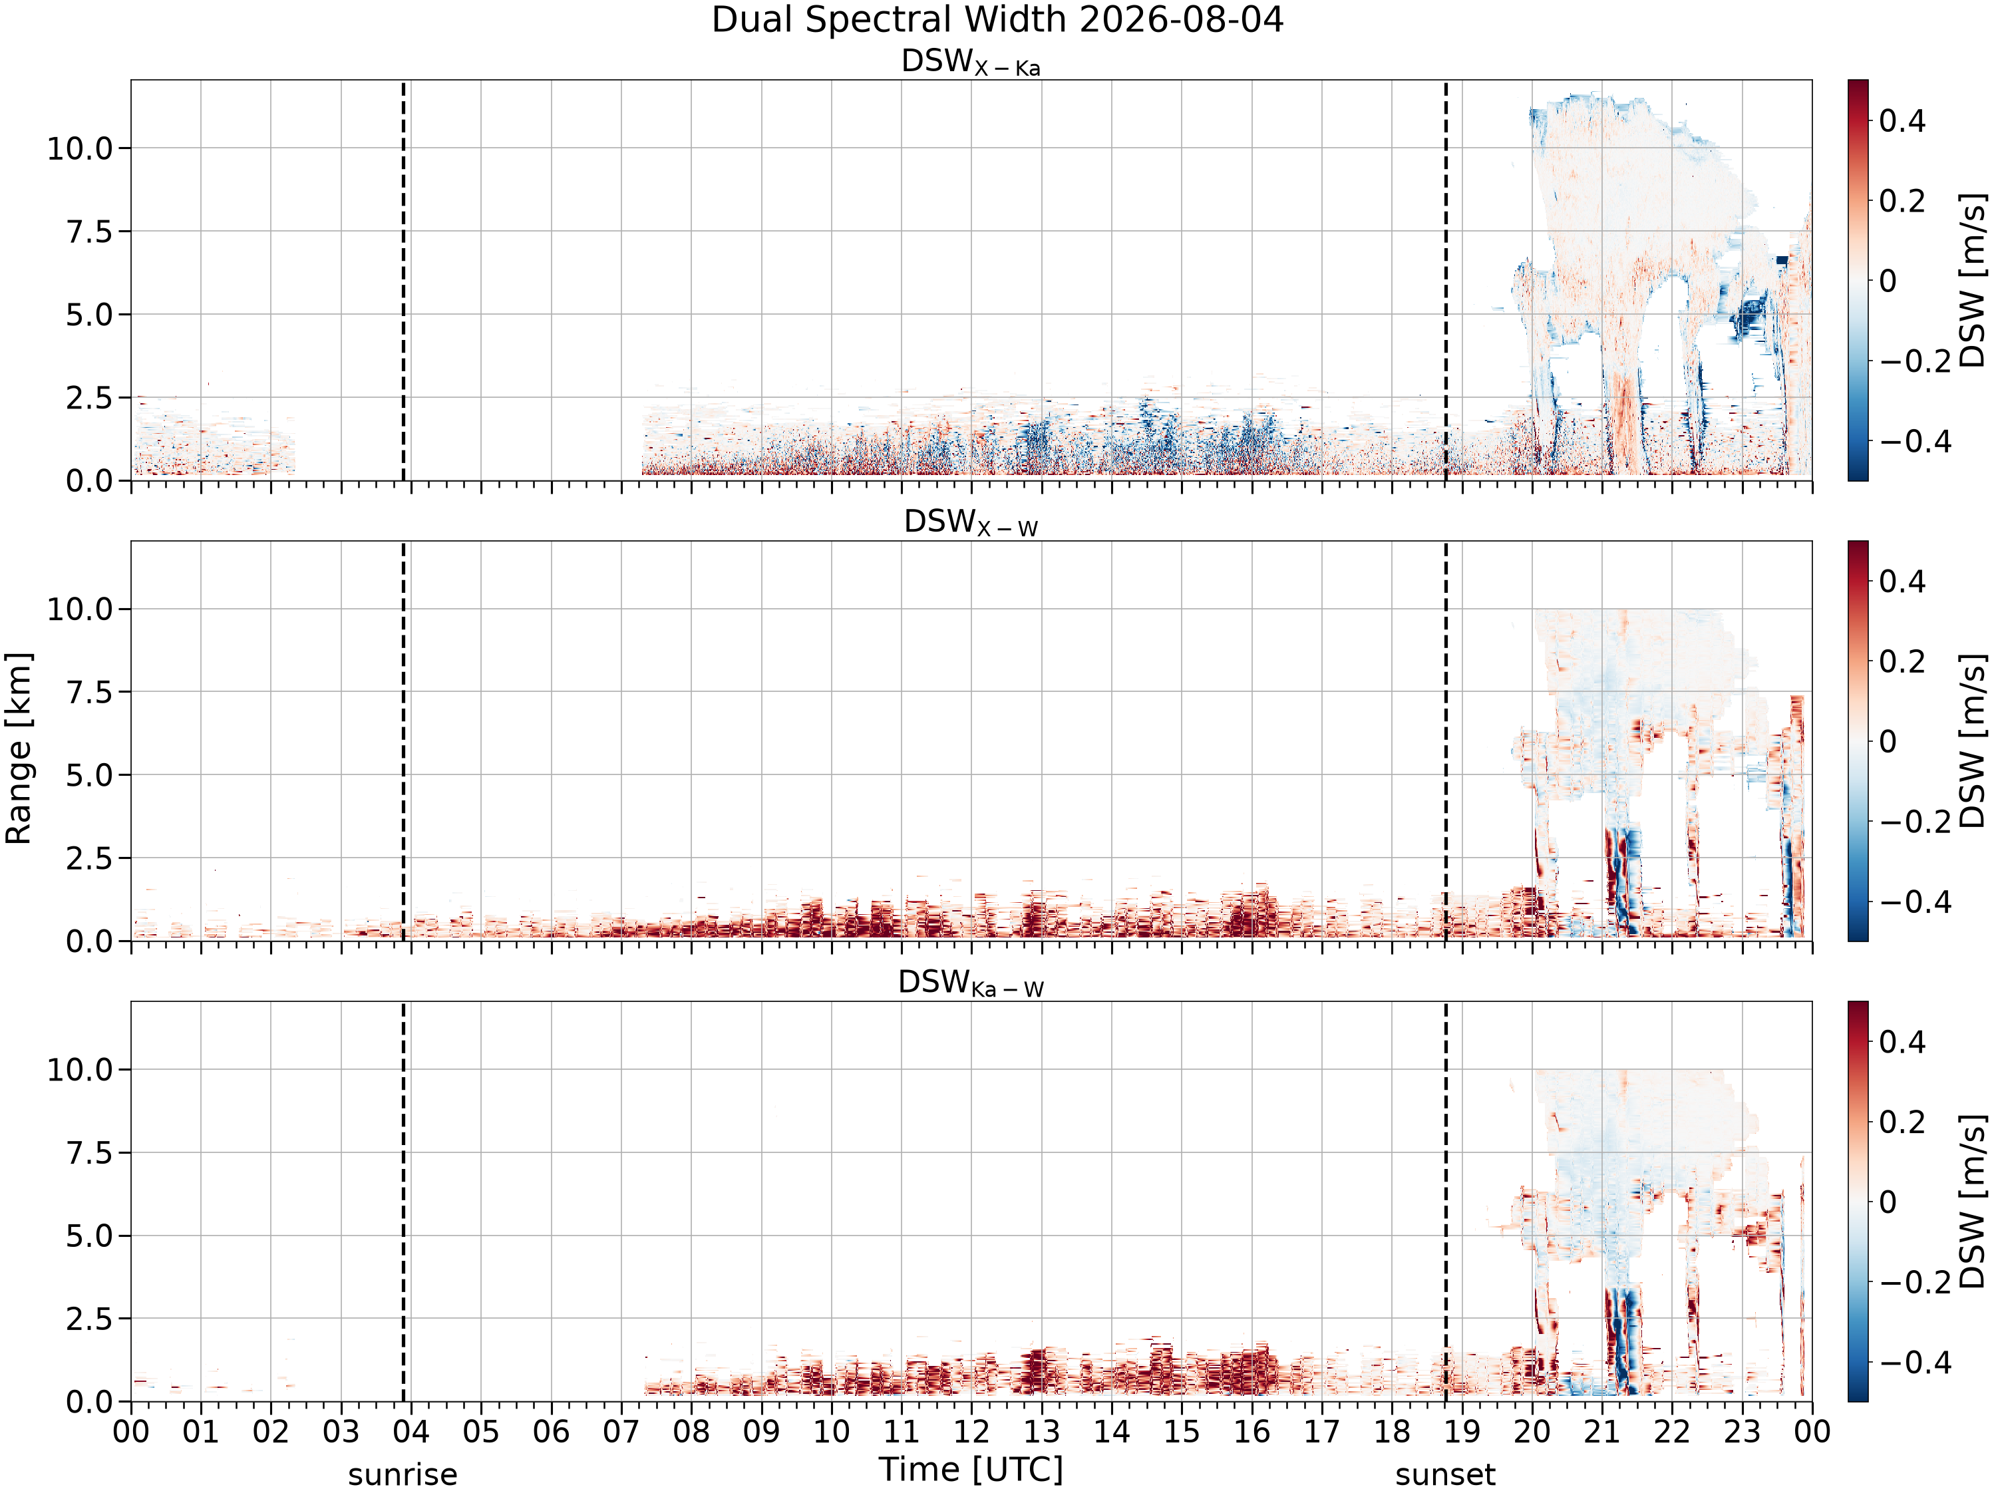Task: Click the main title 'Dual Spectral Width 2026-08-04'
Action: (x=997, y=20)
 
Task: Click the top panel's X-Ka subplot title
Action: (x=971, y=63)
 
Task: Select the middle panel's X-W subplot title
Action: (x=971, y=524)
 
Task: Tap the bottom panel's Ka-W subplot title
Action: (x=971, y=983)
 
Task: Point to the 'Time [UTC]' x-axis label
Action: (x=971, y=1470)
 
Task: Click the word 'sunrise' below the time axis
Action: (x=403, y=1474)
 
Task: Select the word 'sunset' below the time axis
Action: (x=1444, y=1474)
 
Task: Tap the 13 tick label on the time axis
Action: (x=1041, y=1431)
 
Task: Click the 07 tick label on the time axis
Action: (x=621, y=1431)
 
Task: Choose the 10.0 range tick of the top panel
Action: (x=81, y=148)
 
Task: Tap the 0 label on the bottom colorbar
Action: (x=1888, y=1202)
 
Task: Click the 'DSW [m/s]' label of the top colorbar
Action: (x=1973, y=279)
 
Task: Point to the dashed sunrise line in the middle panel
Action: (x=403, y=741)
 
